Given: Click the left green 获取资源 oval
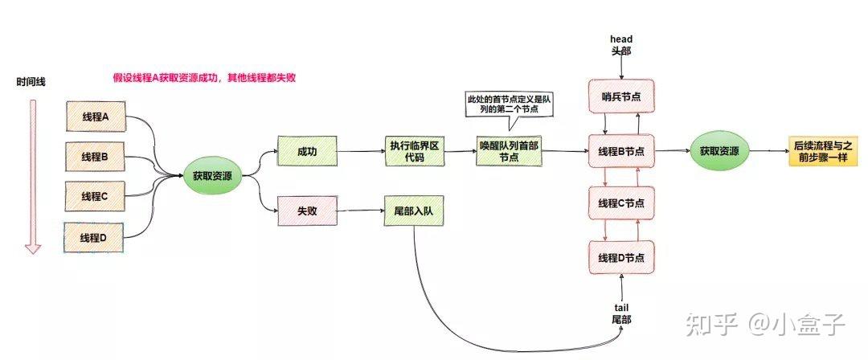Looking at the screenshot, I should point(212,176).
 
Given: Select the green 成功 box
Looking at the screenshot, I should point(306,150).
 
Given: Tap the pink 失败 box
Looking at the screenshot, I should point(306,211).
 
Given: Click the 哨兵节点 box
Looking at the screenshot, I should point(621,97).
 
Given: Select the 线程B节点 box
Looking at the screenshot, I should point(621,150).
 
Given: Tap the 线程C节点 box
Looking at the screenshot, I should point(621,202).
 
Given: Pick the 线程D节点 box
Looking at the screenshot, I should point(621,256).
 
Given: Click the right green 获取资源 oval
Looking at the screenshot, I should point(719,150).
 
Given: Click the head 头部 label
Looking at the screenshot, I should point(621,44).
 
